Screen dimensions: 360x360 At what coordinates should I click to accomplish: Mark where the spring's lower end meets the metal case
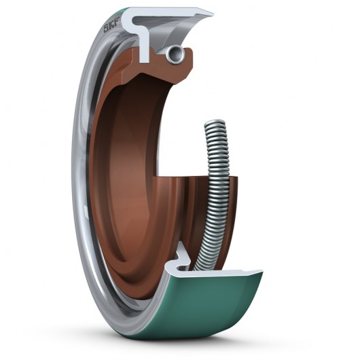[x=201, y=265]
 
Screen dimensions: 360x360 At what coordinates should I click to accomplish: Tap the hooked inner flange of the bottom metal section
[x=182, y=255]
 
